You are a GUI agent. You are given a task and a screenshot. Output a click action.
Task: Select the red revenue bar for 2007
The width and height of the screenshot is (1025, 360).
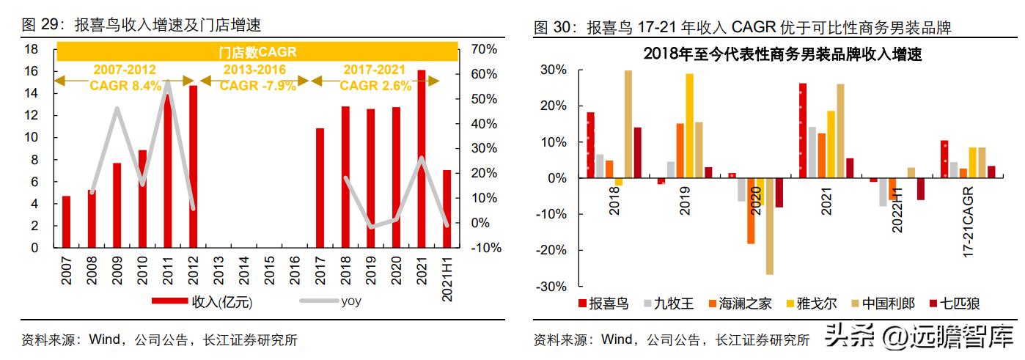pyautogui.click(x=66, y=221)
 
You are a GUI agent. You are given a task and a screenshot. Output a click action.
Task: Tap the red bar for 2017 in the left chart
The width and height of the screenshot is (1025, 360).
pyautogui.click(x=320, y=188)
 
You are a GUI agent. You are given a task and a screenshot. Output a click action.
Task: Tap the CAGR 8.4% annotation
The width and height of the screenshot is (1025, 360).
pyautogui.click(x=125, y=86)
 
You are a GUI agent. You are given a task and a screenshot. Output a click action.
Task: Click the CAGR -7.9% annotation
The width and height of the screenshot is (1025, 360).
pyautogui.click(x=258, y=86)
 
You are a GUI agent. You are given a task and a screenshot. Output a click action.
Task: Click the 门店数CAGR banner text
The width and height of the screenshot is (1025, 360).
pyautogui.click(x=257, y=52)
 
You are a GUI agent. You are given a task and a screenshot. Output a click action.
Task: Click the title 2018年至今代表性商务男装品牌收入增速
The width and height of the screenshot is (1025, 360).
pyautogui.click(x=782, y=54)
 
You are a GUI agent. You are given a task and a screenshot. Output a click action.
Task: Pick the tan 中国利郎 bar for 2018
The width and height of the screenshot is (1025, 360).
pyautogui.click(x=628, y=124)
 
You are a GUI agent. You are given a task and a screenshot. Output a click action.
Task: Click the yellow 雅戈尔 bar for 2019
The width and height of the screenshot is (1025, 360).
pyautogui.click(x=689, y=125)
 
